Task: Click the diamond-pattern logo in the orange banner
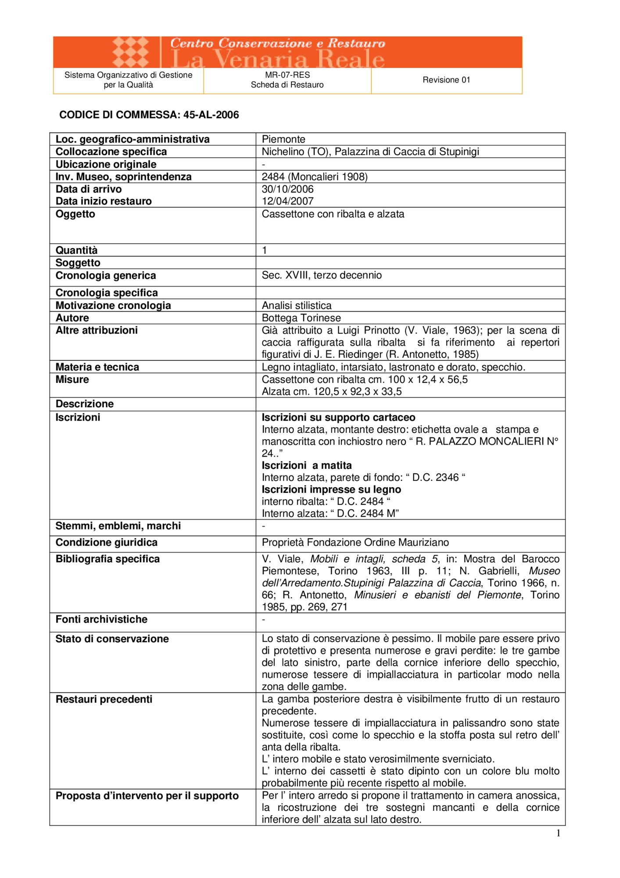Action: click(130, 52)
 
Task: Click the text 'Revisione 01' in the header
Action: click(446, 80)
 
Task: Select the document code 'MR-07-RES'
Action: click(287, 75)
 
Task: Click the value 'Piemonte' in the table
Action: click(283, 139)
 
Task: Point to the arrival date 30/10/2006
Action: click(287, 189)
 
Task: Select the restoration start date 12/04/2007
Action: click(287, 201)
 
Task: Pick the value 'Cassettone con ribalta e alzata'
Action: click(333, 214)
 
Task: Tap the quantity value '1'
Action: click(265, 250)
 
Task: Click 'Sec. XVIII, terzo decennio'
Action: click(322, 275)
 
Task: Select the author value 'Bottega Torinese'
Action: click(301, 318)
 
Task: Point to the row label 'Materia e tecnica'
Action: click(97, 367)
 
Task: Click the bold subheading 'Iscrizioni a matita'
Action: click(307, 465)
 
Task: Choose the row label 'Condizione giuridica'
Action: click(106, 543)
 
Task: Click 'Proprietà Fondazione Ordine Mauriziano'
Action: click(355, 543)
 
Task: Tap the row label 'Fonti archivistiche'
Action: click(101, 619)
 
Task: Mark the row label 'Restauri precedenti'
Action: click(104, 699)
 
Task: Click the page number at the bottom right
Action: click(558, 833)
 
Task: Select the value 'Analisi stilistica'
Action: click(297, 306)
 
